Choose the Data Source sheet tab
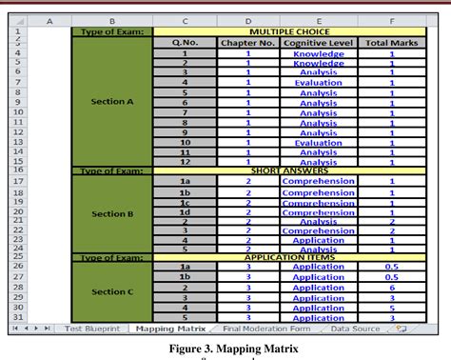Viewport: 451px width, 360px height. pyautogui.click(x=353, y=329)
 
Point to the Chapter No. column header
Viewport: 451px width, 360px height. pyautogui.click(x=247, y=43)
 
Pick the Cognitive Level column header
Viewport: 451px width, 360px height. pyautogui.click(x=318, y=43)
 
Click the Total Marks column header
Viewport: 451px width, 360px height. pyautogui.click(x=390, y=43)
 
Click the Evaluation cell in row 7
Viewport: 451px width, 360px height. pyautogui.click(x=318, y=83)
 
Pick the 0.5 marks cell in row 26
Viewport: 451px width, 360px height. pyautogui.click(x=390, y=268)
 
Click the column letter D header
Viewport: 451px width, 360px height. pyautogui.click(x=247, y=20)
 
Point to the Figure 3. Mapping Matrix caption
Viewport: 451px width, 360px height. pyautogui.click(x=225, y=349)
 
